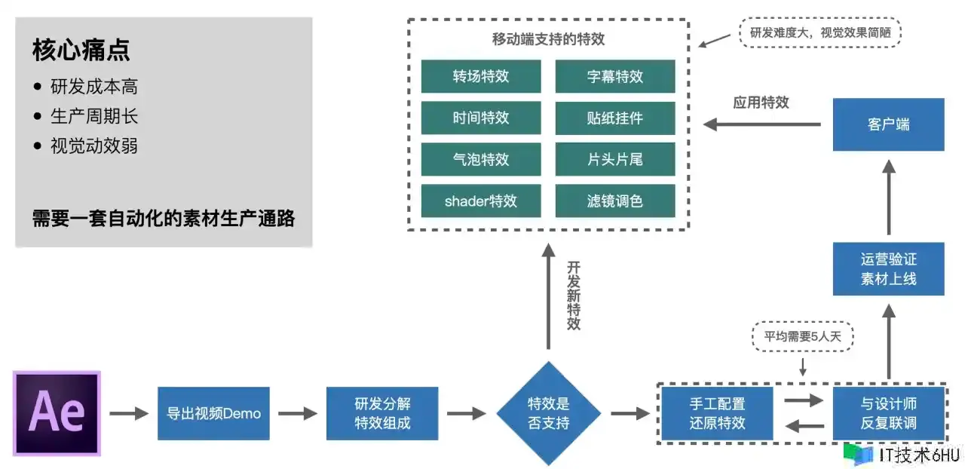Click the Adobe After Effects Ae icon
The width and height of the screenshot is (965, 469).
coord(57,413)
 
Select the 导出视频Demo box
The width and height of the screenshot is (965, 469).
coord(213,413)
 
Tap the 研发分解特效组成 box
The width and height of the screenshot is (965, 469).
coord(382,413)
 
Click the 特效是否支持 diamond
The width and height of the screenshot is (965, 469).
coord(548,413)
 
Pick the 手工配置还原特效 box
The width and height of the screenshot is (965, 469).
coord(717,413)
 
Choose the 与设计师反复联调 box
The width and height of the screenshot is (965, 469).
coord(888,413)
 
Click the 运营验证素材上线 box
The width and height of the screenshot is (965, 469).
coord(888,268)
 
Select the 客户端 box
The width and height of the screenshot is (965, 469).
coord(888,124)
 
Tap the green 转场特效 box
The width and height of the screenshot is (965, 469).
coord(481,76)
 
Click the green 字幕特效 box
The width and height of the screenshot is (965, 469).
coord(614,76)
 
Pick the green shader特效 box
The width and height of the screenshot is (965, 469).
coord(481,201)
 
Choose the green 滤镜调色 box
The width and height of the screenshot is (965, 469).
coord(614,201)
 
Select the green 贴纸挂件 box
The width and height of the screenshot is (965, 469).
coord(614,118)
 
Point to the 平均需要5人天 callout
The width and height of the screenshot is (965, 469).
coord(803,336)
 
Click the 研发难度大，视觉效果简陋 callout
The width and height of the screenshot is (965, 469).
coord(820,33)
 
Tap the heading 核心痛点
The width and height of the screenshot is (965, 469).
coord(81,51)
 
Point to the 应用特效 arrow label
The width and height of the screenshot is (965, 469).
coord(761,103)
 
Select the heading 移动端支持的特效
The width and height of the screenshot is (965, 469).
coord(548,39)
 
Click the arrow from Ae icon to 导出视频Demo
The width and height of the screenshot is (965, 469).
coord(129,413)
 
